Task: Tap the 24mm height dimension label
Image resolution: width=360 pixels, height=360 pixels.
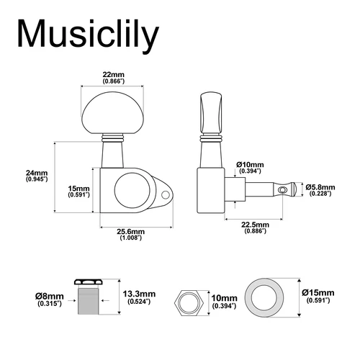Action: click(x=36, y=175)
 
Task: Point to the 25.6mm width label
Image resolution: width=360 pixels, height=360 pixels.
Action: click(x=131, y=234)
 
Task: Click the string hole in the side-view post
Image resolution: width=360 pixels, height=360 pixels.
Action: click(x=283, y=189)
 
